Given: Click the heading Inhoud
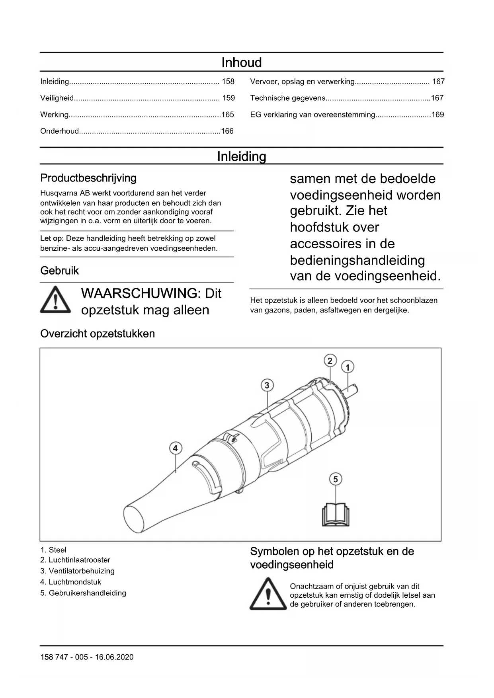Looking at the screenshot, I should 241,62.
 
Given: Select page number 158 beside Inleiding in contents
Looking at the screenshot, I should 228,82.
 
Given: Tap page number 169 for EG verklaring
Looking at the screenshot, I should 437,115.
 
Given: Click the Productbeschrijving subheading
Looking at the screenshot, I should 88,178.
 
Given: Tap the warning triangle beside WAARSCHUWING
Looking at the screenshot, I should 56,300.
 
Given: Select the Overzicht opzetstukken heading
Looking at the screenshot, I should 98,333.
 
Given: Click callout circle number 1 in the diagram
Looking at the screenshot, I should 348,367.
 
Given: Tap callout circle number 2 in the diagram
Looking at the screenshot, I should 330,361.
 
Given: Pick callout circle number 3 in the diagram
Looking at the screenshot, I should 267,385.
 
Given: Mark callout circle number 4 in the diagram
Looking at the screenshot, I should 175,448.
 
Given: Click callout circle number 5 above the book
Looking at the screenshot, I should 336,479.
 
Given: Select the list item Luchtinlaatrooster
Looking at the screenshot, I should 79,560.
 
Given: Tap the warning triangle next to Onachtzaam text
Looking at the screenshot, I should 268,594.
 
